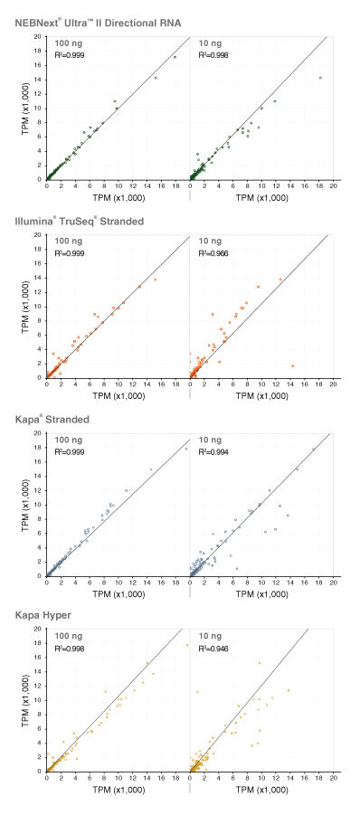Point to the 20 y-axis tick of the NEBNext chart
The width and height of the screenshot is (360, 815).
coord(40,36)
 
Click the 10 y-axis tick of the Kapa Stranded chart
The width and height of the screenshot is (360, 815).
coord(40,505)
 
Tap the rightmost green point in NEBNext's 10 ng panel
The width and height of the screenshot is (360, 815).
coord(320,78)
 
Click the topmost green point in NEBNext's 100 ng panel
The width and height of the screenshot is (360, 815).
coord(175,57)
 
